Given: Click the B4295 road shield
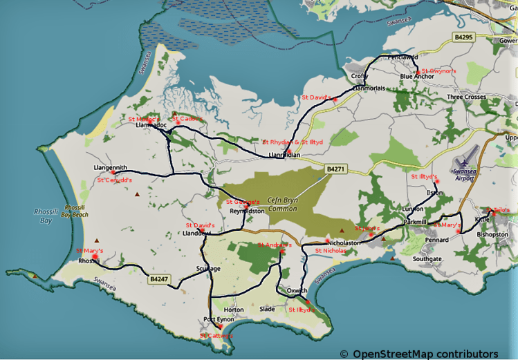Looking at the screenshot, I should click(463, 36).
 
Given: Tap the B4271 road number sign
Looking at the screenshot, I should click(335, 168).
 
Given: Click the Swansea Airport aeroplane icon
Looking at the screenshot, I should click(461, 158).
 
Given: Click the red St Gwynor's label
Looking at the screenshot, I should click(438, 70).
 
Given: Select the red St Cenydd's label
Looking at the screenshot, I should click(114, 180).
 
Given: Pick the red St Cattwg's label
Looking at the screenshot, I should click(216, 336).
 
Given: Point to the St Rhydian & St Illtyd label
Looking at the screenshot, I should click(293, 142).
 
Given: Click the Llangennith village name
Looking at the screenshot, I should click(111, 167).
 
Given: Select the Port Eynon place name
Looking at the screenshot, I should click(219, 319).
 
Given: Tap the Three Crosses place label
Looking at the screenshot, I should click(466, 97).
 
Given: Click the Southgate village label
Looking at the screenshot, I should click(427, 258).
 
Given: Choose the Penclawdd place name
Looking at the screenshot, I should click(403, 57).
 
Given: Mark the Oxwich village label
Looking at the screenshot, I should click(297, 290).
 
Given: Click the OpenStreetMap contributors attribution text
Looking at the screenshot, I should click(425, 354).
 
